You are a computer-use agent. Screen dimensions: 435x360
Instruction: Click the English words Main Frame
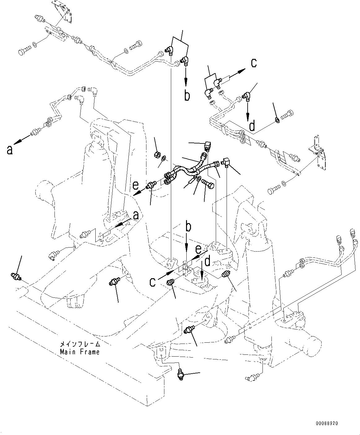coord(80,352)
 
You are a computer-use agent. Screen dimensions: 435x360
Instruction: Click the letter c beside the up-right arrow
coord(254,63)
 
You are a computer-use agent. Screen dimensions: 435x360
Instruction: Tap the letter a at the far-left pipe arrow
coord(10,150)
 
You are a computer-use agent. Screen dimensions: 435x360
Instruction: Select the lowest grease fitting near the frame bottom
coord(181,375)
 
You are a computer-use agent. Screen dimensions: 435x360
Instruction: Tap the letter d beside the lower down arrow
coord(207,261)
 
